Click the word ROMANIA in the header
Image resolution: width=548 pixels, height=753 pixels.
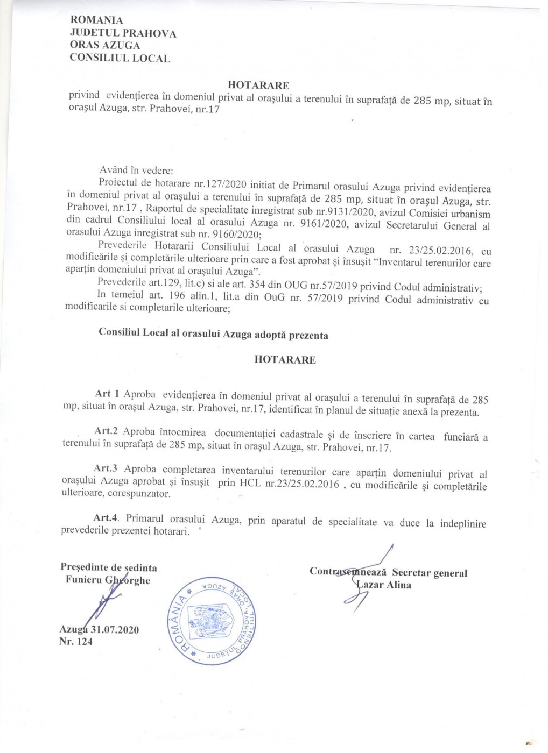(96, 20)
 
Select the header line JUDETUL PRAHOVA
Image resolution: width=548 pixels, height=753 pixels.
(123, 33)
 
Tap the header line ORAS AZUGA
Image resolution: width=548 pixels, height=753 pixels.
(105, 46)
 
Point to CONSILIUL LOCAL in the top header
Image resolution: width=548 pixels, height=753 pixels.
(120, 59)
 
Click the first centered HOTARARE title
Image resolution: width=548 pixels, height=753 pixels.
(258, 85)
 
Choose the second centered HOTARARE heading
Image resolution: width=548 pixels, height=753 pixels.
(285, 360)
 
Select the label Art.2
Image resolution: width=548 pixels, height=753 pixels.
(106, 431)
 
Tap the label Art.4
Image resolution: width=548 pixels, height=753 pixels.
(106, 517)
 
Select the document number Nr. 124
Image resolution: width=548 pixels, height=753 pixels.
(76, 641)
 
